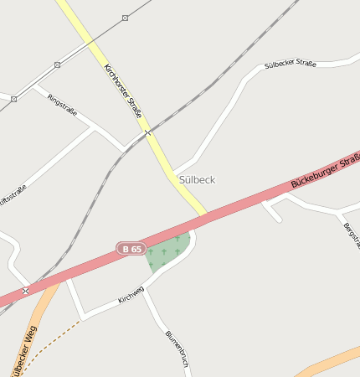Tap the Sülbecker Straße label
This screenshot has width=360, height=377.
pos(290,65)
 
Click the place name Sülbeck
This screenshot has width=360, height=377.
pos(197,179)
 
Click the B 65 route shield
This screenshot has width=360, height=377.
pos(131,249)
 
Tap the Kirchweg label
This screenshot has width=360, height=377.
pos(131,294)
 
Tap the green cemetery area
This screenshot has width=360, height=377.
pos(167,251)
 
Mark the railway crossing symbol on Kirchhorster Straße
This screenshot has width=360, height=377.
pos(147,132)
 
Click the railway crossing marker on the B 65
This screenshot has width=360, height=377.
pos(26,291)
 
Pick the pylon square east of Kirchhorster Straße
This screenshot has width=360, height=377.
pos(125,18)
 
